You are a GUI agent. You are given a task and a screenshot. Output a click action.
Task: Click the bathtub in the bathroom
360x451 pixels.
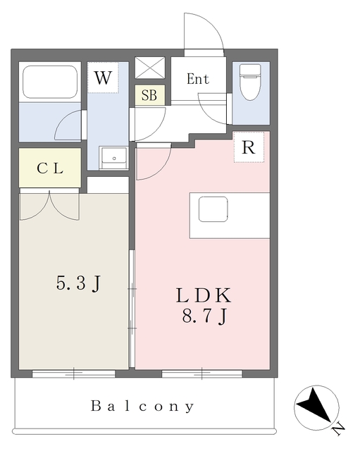pos(50,82)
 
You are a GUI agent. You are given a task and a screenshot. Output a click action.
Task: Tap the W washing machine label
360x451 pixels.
pos(103,78)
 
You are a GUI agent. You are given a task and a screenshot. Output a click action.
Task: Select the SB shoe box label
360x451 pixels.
pos(149,95)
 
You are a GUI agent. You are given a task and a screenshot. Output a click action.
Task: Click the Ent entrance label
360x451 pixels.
pos(198,79)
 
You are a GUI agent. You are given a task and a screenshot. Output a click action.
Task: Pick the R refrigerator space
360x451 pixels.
pos(249,147)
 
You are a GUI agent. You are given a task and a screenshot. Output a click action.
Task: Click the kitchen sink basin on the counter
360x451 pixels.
pos(213,209)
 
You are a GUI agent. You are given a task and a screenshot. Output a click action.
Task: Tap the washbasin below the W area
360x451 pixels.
pos(113,158)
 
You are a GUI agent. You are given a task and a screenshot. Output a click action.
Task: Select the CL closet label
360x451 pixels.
pos(50,168)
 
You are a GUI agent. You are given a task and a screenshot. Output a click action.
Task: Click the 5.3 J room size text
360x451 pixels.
pos(79,283)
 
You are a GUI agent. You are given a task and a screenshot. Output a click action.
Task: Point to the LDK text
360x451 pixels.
pos(204,295)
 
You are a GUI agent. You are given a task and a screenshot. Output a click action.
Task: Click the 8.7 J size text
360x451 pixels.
pos(205,316)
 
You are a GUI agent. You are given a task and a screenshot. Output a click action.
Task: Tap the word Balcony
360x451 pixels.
pos(142,406)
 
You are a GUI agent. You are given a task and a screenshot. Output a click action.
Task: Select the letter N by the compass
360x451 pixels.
pos(338,429)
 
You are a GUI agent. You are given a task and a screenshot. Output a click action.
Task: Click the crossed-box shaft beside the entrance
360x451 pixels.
pos(150,68)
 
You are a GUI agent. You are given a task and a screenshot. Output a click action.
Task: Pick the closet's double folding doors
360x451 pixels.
pos(49,206)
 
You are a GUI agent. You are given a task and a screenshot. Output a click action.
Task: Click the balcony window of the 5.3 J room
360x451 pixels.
pos(73,373)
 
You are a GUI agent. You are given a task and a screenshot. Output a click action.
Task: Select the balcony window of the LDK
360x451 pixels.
pos(202,373)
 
